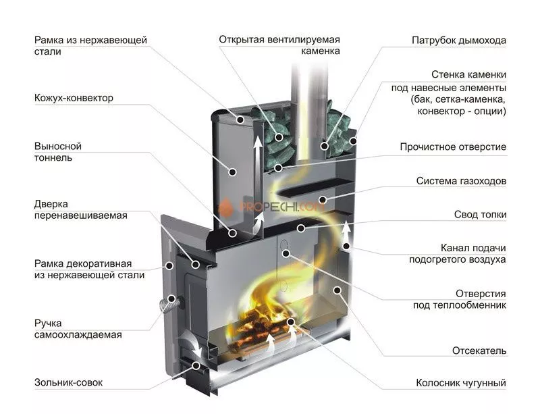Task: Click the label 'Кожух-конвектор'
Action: [74, 98]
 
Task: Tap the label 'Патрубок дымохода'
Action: [459, 41]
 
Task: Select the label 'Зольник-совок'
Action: [68, 383]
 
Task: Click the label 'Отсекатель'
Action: [479, 351]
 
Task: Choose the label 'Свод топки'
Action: [480, 215]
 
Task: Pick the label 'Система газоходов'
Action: [461, 181]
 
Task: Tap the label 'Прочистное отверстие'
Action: [452, 147]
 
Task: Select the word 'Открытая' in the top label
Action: [240, 38]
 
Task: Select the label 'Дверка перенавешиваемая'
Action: [80, 209]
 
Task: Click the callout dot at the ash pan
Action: [197, 365]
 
